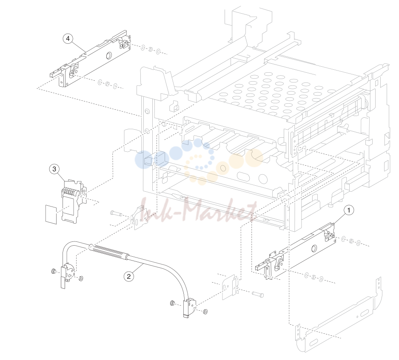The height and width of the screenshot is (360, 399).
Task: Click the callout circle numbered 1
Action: tap(349, 210)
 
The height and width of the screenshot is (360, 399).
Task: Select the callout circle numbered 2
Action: tap(129, 276)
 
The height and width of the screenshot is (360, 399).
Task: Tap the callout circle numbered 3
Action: tap(54, 169)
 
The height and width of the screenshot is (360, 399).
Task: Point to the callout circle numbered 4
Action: tap(68, 39)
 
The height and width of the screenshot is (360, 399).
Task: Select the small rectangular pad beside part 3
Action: tap(51, 215)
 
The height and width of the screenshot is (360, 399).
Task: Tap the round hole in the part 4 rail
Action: tap(108, 55)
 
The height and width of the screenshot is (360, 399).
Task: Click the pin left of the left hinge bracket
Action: tap(116, 213)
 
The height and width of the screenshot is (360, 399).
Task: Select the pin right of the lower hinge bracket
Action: tap(258, 294)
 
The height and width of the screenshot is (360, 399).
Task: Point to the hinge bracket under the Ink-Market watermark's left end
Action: tap(139, 218)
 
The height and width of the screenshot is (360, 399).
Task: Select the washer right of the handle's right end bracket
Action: tap(205, 312)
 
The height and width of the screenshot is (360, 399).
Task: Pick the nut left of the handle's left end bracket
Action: tap(54, 271)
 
